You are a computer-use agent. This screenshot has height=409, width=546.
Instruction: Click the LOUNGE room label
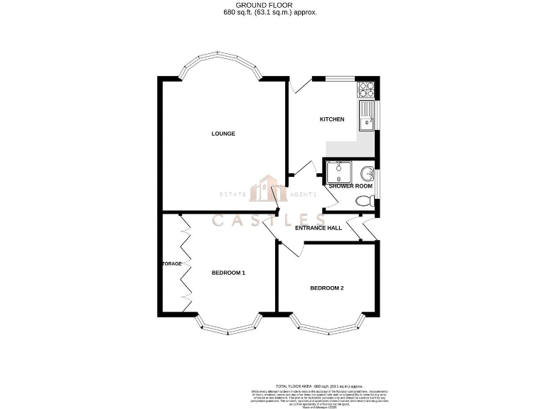point(223,133)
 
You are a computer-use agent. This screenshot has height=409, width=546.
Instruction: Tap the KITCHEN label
point(331,119)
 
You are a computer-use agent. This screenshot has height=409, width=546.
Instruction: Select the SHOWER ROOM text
point(350,186)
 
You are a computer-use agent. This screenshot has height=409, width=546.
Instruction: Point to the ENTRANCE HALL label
point(320,228)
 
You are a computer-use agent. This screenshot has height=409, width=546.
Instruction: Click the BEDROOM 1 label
point(228,273)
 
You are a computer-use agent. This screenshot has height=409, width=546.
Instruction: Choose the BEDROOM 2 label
point(326,288)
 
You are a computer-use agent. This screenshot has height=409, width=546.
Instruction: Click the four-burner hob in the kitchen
point(368,89)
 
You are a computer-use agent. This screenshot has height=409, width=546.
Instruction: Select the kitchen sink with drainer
point(368,116)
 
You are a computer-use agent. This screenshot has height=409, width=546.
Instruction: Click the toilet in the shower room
point(364,201)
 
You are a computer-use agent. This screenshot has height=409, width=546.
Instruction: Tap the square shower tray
point(337,173)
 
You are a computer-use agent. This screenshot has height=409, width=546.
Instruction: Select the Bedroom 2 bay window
point(326,327)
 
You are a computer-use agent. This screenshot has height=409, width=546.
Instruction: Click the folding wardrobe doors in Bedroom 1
point(186,263)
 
